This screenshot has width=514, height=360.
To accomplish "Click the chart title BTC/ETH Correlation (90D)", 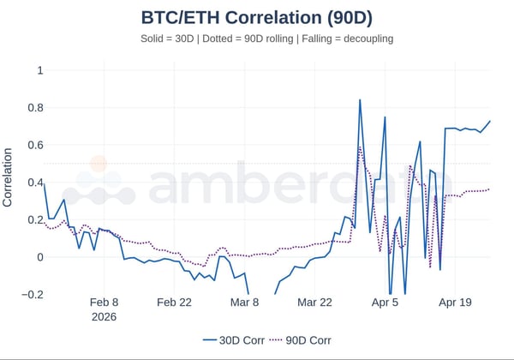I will pyautogui.click(x=256, y=16).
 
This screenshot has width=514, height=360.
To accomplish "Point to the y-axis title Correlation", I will pyautogui.click(x=9, y=177).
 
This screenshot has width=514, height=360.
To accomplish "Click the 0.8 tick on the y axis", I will pyautogui.click(x=34, y=107).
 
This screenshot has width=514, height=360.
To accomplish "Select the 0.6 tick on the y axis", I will pyautogui.click(x=34, y=145).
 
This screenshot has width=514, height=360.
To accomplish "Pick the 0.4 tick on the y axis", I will pyautogui.click(x=34, y=183).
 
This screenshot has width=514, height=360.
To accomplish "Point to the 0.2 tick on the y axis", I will pyautogui.click(x=34, y=219).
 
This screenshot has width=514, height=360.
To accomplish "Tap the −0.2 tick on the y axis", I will pyautogui.click(x=32, y=295).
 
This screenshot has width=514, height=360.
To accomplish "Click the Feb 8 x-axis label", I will pyautogui.click(x=104, y=303).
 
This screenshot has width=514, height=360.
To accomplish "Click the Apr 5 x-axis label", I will pyautogui.click(x=385, y=303).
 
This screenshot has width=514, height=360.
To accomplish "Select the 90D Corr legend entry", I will pyautogui.click(x=299, y=340).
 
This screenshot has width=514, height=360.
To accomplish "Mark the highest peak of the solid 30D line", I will pyautogui.click(x=360, y=100).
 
